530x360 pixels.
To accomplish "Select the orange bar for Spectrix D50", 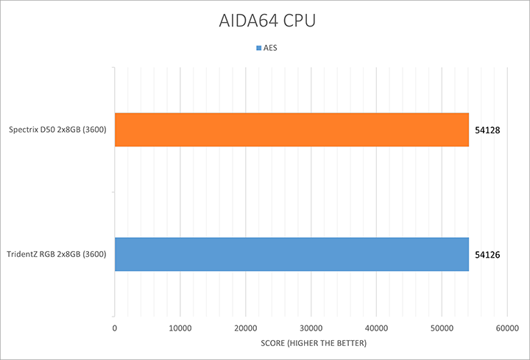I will [291, 130].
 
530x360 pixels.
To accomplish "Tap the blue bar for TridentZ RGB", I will [291, 255].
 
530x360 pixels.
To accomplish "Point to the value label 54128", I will [488, 130].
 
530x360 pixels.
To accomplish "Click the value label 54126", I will [488, 255].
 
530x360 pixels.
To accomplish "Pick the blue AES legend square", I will [258, 49].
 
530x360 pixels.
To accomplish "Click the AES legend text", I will [270, 49].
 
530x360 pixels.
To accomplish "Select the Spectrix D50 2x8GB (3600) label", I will [57, 130].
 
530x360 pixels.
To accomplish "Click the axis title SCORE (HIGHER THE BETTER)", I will [310, 344].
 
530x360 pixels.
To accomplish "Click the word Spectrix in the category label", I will [24, 130].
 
